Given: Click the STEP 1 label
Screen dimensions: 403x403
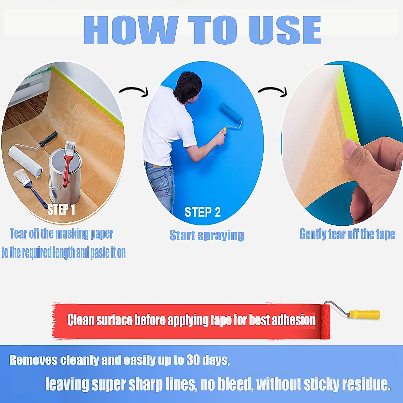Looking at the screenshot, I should click(x=61, y=210).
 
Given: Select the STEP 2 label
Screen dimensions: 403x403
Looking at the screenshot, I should click(x=203, y=212).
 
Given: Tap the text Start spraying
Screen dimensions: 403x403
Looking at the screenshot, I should click(x=207, y=235).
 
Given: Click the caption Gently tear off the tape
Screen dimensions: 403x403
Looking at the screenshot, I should click(x=347, y=234).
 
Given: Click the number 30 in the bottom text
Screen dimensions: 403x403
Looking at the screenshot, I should click(x=193, y=360).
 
